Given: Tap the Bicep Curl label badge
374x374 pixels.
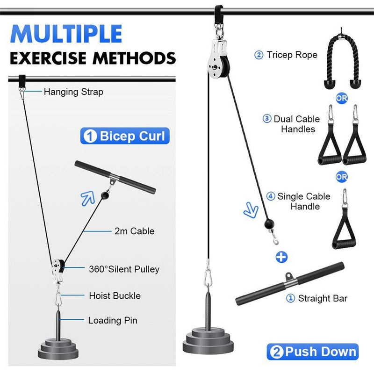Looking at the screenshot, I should click(x=124, y=136).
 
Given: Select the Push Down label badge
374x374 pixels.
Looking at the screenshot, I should click(x=312, y=352).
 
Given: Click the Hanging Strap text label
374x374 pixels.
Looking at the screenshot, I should click(x=73, y=92).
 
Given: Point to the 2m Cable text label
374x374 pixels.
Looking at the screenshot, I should click(x=134, y=230).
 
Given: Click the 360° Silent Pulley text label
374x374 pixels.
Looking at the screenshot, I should click(x=124, y=269).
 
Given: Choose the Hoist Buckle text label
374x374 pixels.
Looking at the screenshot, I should click(x=115, y=295).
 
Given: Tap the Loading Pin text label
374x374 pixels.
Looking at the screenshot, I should click(x=113, y=321).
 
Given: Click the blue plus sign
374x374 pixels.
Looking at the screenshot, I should click(x=281, y=257).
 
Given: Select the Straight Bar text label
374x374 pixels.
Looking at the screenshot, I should click(x=323, y=298).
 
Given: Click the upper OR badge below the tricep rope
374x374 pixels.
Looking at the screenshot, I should click(x=341, y=99).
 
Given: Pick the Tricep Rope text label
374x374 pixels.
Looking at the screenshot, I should click(x=292, y=55).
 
